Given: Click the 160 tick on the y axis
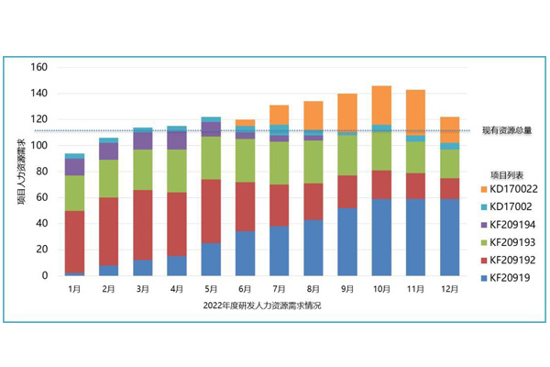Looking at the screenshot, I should pyautogui.click(x=39, y=67).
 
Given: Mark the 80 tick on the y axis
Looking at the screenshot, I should pyautogui.click(x=42, y=172).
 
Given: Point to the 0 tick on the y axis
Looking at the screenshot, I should pyautogui.click(x=45, y=275).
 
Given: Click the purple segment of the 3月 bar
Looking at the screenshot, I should pyautogui.click(x=143, y=140).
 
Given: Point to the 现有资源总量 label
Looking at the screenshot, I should pyautogui.click(x=508, y=131).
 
